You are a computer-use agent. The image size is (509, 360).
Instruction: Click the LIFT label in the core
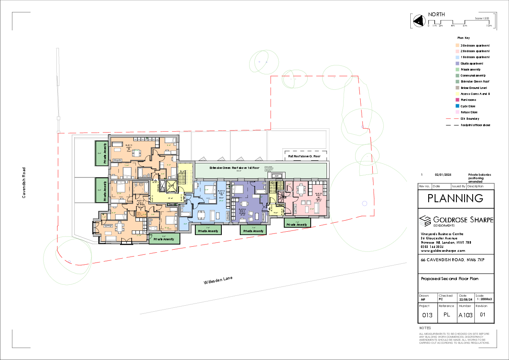(171, 186)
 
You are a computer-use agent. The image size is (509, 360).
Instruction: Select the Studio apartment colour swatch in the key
(457, 63)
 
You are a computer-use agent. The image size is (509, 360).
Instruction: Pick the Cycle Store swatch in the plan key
(457, 106)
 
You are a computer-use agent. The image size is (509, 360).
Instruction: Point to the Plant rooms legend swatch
(457, 100)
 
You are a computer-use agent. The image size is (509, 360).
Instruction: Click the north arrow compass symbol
(419, 21)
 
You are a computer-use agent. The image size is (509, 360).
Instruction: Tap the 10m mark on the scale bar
(490, 26)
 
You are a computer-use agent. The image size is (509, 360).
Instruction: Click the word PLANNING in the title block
(456, 198)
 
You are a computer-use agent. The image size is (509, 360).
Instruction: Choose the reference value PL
(446, 316)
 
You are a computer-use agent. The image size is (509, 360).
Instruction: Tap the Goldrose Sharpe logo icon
(425, 221)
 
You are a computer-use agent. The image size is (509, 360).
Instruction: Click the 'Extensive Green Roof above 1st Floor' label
(234, 168)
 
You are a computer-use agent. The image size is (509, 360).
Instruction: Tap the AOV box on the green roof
(277, 176)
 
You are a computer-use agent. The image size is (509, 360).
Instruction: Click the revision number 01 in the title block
(483, 316)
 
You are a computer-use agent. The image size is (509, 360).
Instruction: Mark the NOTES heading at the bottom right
(425, 328)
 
